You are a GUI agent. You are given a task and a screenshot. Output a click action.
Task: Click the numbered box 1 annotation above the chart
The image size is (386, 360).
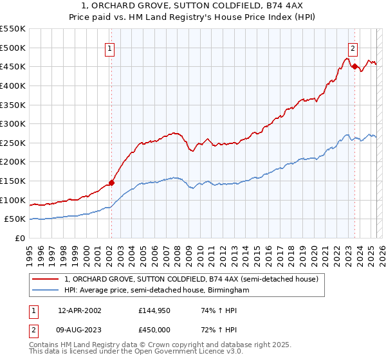[110, 48]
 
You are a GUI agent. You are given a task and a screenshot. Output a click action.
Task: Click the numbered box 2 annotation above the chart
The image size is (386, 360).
[353, 48]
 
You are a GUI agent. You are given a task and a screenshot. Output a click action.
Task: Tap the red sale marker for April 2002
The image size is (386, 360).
[111, 183]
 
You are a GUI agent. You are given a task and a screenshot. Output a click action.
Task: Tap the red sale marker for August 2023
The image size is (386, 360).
[354, 66]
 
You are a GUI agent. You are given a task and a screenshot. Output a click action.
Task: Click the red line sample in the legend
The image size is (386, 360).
[46, 279]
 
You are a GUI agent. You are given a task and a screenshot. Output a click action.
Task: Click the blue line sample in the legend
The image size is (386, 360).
[46, 291]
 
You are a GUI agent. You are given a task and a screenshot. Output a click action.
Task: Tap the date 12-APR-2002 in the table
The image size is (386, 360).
[79, 310]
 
